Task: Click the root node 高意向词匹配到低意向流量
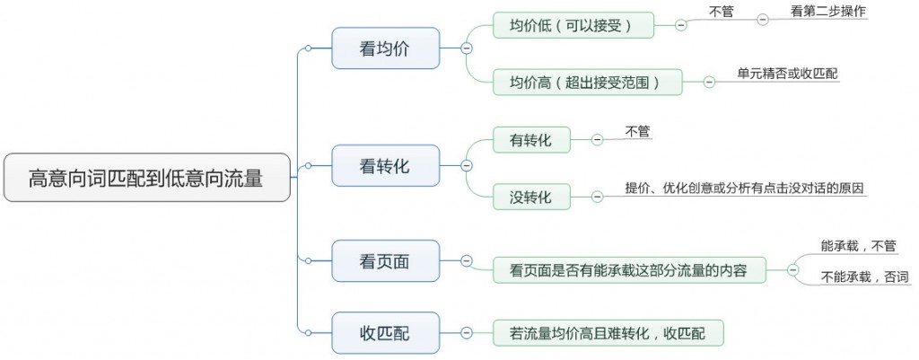(x=145, y=178)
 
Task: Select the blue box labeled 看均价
(x=385, y=49)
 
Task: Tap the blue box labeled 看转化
(x=385, y=165)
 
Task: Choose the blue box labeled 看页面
(x=385, y=261)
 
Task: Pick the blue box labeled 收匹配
(x=385, y=333)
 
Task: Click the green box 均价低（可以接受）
(x=572, y=25)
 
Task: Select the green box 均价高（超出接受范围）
(x=587, y=83)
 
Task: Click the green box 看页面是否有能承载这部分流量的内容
(x=629, y=269)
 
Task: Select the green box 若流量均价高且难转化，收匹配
(x=608, y=333)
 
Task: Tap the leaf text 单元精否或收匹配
(x=787, y=74)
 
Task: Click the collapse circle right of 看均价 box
(x=466, y=49)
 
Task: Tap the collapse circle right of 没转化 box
(x=597, y=197)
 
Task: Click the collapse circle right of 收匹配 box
(x=466, y=333)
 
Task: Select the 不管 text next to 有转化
(x=638, y=131)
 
